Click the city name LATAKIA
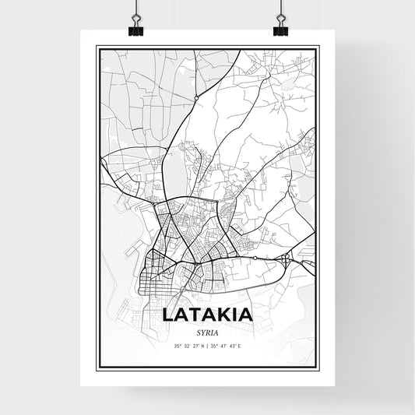coord(207,315)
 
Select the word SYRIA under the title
coord(207,331)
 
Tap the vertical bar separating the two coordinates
coord(208,344)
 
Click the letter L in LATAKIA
coord(169,315)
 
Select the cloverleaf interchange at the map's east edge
coord(287,257)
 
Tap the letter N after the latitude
coord(202,344)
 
